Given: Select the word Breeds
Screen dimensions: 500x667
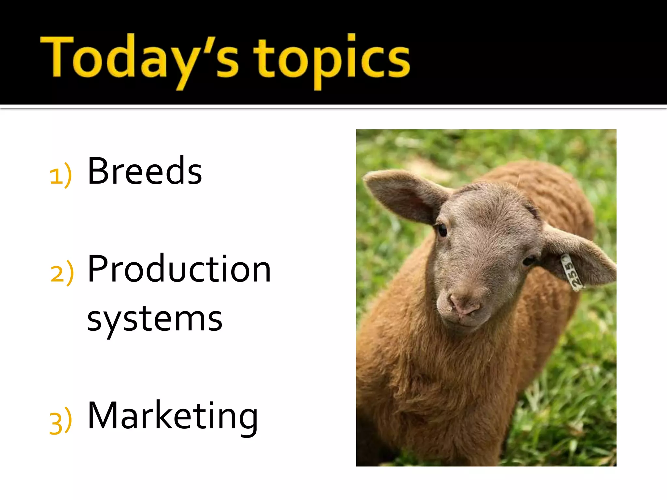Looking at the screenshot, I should pyautogui.click(x=145, y=171).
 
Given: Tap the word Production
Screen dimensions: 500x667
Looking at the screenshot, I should pyautogui.click(x=179, y=269).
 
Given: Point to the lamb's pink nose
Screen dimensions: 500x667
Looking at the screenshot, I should pyautogui.click(x=464, y=304).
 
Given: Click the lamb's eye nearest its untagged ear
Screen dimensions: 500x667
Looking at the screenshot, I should pyautogui.click(x=442, y=230).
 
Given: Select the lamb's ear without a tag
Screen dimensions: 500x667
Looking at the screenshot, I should pyautogui.click(x=404, y=195).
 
